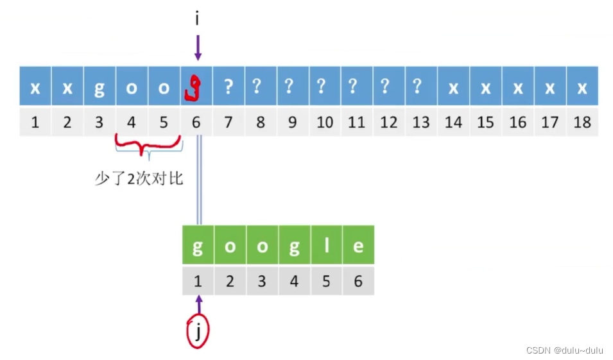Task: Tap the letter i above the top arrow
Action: [197, 19]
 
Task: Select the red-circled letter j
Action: [198, 332]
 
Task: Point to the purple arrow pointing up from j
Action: [198, 304]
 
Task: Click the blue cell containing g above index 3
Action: [99, 87]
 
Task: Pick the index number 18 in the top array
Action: [582, 121]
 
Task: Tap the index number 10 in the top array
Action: [325, 121]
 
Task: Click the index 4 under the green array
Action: [294, 281]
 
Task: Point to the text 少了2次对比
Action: [139, 178]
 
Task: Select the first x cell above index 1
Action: [35, 87]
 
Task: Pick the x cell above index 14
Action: [453, 87]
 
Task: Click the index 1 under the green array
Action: [198, 281]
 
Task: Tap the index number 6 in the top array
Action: [196, 121]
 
